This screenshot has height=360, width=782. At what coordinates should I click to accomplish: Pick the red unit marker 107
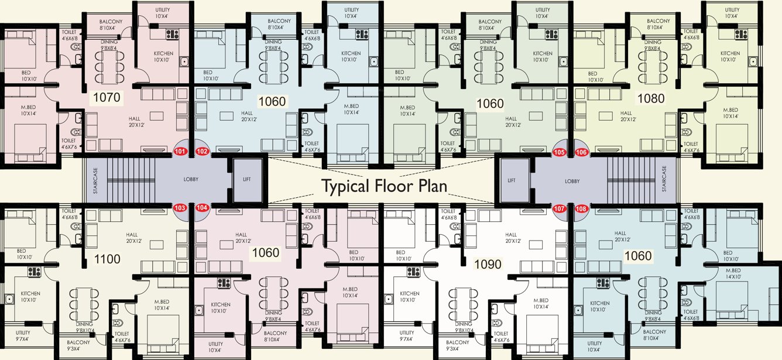coord(559,208)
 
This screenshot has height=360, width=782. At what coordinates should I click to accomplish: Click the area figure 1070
coord(105,98)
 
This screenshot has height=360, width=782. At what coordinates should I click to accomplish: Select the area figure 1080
coord(650,98)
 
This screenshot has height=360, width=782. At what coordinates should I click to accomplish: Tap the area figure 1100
coord(107,259)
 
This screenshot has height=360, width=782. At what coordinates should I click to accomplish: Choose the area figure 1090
coord(488,265)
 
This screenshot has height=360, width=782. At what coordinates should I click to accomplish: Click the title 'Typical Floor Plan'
coord(383,187)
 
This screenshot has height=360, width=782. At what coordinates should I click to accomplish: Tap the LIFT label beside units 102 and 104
coord(246,179)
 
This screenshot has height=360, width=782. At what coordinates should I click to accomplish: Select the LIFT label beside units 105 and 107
coord(512,181)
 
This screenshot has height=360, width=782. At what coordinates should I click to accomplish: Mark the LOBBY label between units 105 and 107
coord(572,181)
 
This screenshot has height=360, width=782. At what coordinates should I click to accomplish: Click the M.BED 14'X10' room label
coord(733,273)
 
